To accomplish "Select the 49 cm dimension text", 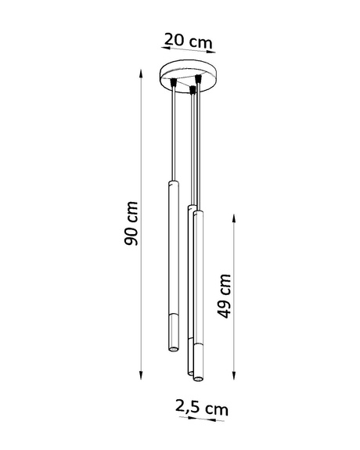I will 225,296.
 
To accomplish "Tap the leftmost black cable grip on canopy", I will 171,80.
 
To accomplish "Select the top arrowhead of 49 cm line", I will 235,212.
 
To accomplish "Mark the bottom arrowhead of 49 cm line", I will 235,379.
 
